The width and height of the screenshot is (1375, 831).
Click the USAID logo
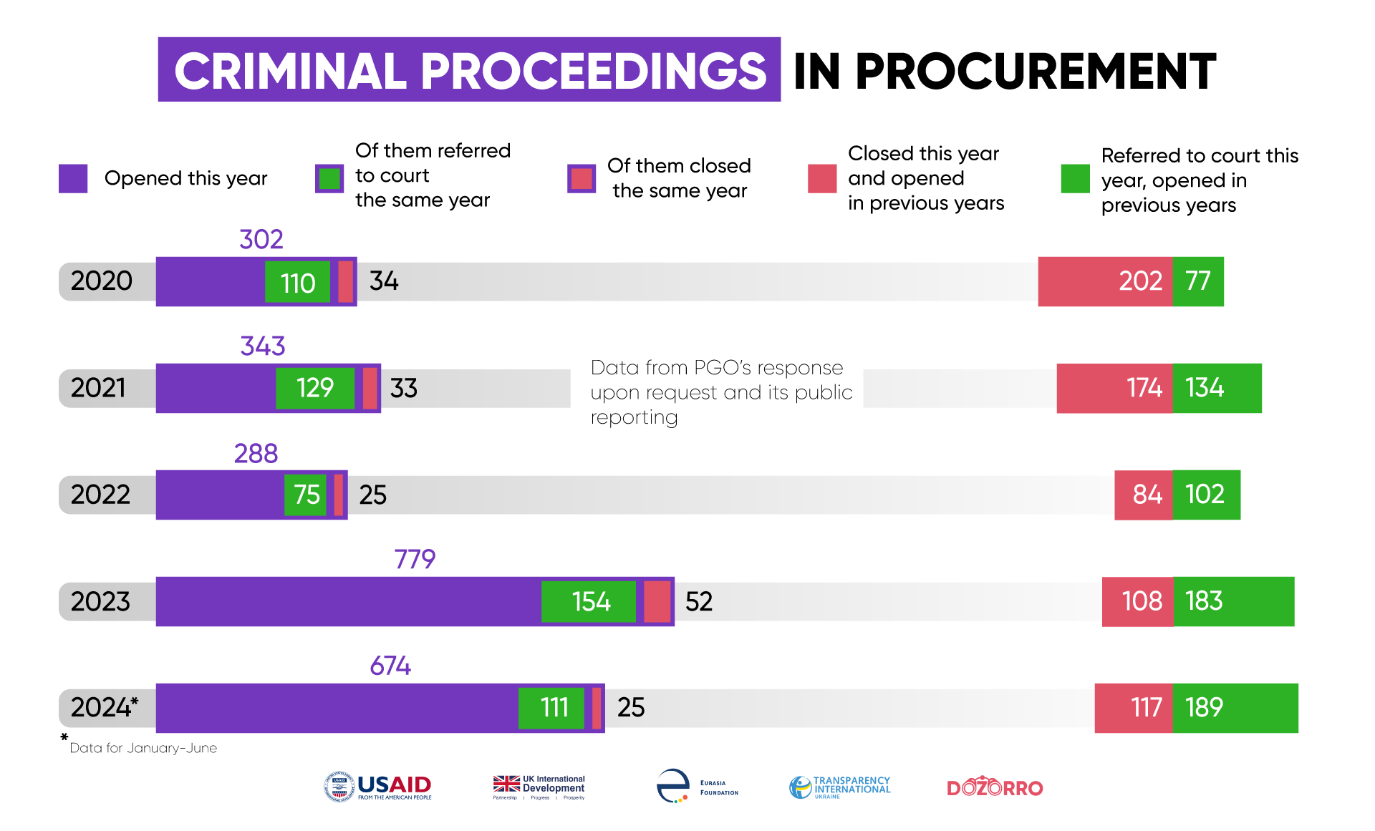377,787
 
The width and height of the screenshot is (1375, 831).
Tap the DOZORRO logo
995,787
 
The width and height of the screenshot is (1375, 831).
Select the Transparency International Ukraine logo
839,787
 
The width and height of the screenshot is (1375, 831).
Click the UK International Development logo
539,787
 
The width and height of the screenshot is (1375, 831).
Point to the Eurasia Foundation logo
698,786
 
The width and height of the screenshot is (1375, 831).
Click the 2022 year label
100,495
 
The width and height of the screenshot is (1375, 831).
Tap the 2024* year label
104,707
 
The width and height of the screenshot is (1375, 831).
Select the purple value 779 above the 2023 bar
415,558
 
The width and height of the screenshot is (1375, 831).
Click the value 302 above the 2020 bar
261,239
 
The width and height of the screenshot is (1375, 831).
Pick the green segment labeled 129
315,388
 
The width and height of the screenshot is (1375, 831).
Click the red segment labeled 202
1105,281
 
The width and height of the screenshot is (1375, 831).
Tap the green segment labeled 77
1198,281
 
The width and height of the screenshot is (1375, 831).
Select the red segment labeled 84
1144,495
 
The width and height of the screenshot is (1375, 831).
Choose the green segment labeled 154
589,601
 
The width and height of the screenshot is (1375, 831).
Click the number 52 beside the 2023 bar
699,601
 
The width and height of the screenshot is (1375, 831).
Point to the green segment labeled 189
1235,708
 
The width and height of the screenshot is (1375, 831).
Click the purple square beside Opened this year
73,178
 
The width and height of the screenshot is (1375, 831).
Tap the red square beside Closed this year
822,178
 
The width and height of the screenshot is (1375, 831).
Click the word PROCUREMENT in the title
1036,71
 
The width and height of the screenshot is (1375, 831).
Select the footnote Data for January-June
143,748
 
